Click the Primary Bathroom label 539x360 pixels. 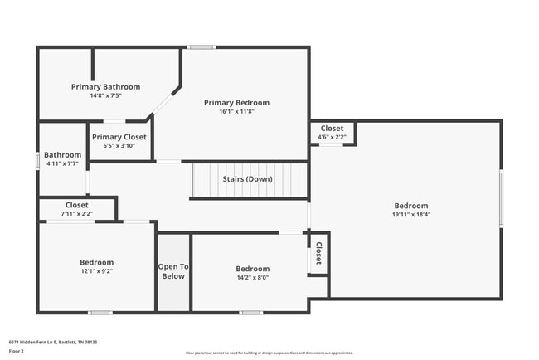(105, 86)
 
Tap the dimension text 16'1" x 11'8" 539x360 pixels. (236, 111)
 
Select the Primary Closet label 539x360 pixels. (119, 137)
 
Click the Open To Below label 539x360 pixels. (172, 271)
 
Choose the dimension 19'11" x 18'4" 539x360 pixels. (410, 214)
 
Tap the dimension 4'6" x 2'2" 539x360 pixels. (332, 137)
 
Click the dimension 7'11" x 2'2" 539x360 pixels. (77, 213)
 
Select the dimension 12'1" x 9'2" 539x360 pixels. (96, 271)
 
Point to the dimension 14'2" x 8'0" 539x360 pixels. (252, 277)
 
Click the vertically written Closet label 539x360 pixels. (318, 254)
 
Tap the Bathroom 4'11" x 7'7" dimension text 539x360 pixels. (63, 163)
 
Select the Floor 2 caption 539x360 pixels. (17, 351)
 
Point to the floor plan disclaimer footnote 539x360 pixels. (269, 353)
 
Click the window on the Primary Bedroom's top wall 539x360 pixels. (201, 47)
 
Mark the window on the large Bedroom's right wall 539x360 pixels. (501, 197)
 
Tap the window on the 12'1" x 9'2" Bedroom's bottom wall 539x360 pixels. (100, 313)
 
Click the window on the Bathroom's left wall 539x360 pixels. (38, 160)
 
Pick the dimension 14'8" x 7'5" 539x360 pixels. (105, 95)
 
